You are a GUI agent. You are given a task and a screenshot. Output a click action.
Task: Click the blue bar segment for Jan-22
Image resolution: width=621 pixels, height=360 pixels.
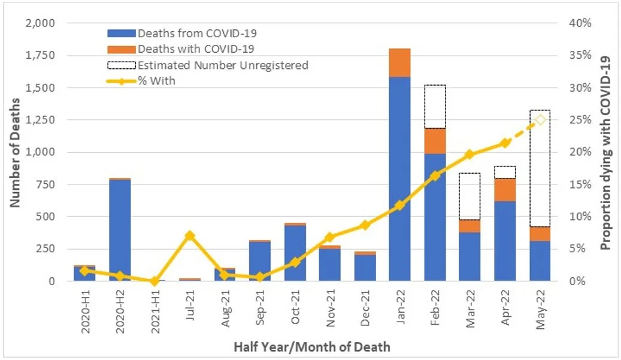399,180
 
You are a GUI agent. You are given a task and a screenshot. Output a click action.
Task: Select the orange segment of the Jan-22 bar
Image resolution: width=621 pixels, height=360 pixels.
399,63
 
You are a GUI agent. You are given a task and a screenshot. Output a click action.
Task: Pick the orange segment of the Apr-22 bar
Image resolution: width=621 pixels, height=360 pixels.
505,190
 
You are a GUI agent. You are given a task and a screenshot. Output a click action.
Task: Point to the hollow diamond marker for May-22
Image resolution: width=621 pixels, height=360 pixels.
540,120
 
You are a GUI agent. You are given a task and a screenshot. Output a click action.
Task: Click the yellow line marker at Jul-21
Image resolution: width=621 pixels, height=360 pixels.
190,235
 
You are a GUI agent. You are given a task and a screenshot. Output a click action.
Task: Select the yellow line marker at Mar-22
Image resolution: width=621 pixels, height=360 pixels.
470,155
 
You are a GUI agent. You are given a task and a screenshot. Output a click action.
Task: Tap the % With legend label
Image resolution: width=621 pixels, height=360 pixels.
156,80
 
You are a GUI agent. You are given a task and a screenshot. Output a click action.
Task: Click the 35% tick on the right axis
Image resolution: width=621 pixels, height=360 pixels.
580,56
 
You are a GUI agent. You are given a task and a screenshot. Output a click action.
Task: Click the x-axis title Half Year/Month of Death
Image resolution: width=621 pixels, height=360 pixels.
311,346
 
